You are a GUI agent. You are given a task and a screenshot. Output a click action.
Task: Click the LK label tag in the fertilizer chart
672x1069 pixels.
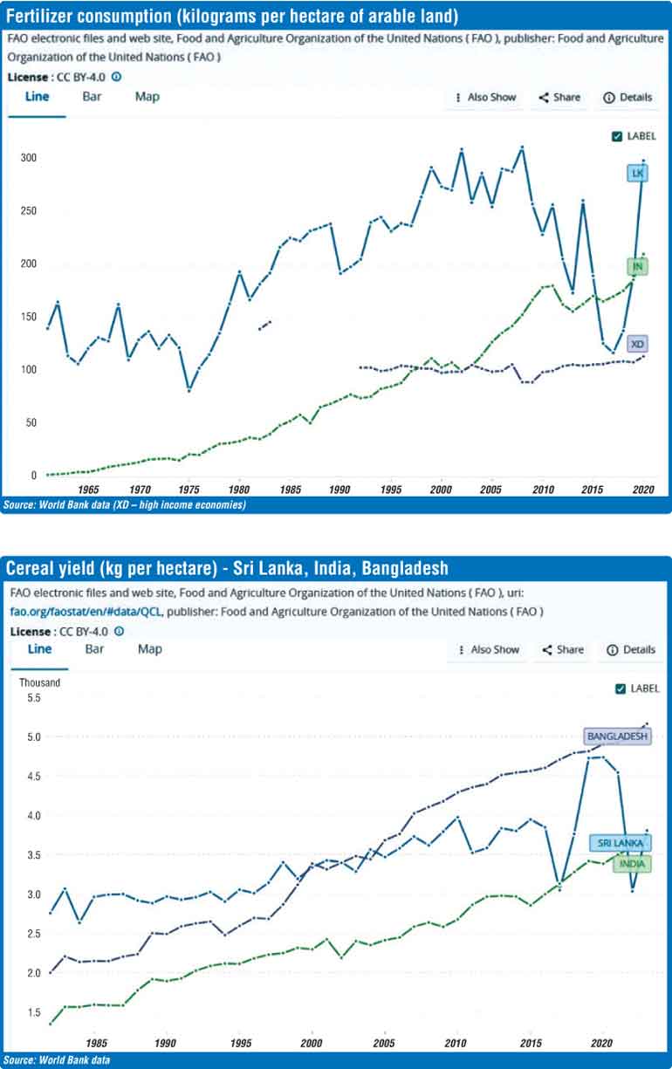coord(638,174)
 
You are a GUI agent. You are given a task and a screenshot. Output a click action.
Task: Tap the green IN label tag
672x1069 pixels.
coord(638,266)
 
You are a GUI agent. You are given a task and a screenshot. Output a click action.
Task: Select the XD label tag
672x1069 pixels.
coord(638,345)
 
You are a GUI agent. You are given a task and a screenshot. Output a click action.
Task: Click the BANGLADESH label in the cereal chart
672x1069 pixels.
coord(618,737)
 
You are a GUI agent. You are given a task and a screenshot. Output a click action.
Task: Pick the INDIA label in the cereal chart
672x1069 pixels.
coord(632,863)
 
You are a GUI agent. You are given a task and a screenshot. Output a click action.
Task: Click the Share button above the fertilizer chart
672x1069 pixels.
coord(559,98)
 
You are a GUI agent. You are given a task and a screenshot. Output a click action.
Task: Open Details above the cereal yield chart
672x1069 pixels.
coord(630,649)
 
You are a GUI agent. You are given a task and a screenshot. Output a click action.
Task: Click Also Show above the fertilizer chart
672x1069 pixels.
coord(485,98)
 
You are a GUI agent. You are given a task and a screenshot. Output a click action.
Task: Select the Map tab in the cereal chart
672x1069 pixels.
coord(150,648)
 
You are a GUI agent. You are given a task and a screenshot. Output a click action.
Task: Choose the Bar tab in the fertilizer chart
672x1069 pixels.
coord(92,96)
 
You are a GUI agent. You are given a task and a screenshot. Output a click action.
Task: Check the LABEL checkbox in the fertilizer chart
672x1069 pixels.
coord(617,136)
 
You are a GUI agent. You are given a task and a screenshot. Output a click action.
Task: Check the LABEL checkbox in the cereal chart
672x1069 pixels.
coord(621,689)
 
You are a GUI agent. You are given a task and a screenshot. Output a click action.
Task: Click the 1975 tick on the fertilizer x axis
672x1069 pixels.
coord(189,490)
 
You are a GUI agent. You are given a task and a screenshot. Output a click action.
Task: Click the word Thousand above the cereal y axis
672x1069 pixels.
coord(40,682)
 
